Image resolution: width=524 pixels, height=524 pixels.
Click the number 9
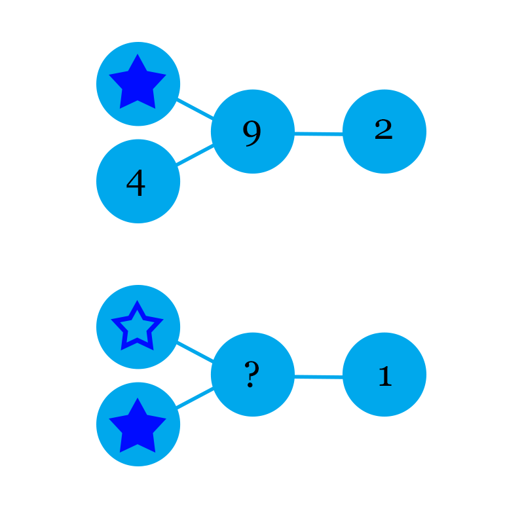pos(252,133)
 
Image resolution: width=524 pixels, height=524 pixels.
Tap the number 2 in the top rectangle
pos(383,129)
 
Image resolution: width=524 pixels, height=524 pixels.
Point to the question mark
pos(252,375)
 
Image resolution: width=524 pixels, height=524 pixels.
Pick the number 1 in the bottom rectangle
pos(384,376)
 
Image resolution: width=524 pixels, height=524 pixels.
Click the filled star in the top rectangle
pos(138,83)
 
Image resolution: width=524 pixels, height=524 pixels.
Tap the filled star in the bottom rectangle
pos(138,427)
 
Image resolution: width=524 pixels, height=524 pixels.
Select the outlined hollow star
pos(137,327)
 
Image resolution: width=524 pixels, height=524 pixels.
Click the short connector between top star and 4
pos(136,132)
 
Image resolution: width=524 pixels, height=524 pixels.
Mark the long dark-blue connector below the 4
pos(136,254)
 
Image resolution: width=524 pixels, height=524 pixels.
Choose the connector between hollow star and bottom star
pos(136,375)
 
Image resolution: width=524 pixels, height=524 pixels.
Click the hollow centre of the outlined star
pos(137,328)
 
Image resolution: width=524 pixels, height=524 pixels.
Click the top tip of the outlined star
pos(137,302)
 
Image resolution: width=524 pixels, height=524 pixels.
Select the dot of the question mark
pos(250,386)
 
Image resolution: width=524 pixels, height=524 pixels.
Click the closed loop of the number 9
pos(252,129)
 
